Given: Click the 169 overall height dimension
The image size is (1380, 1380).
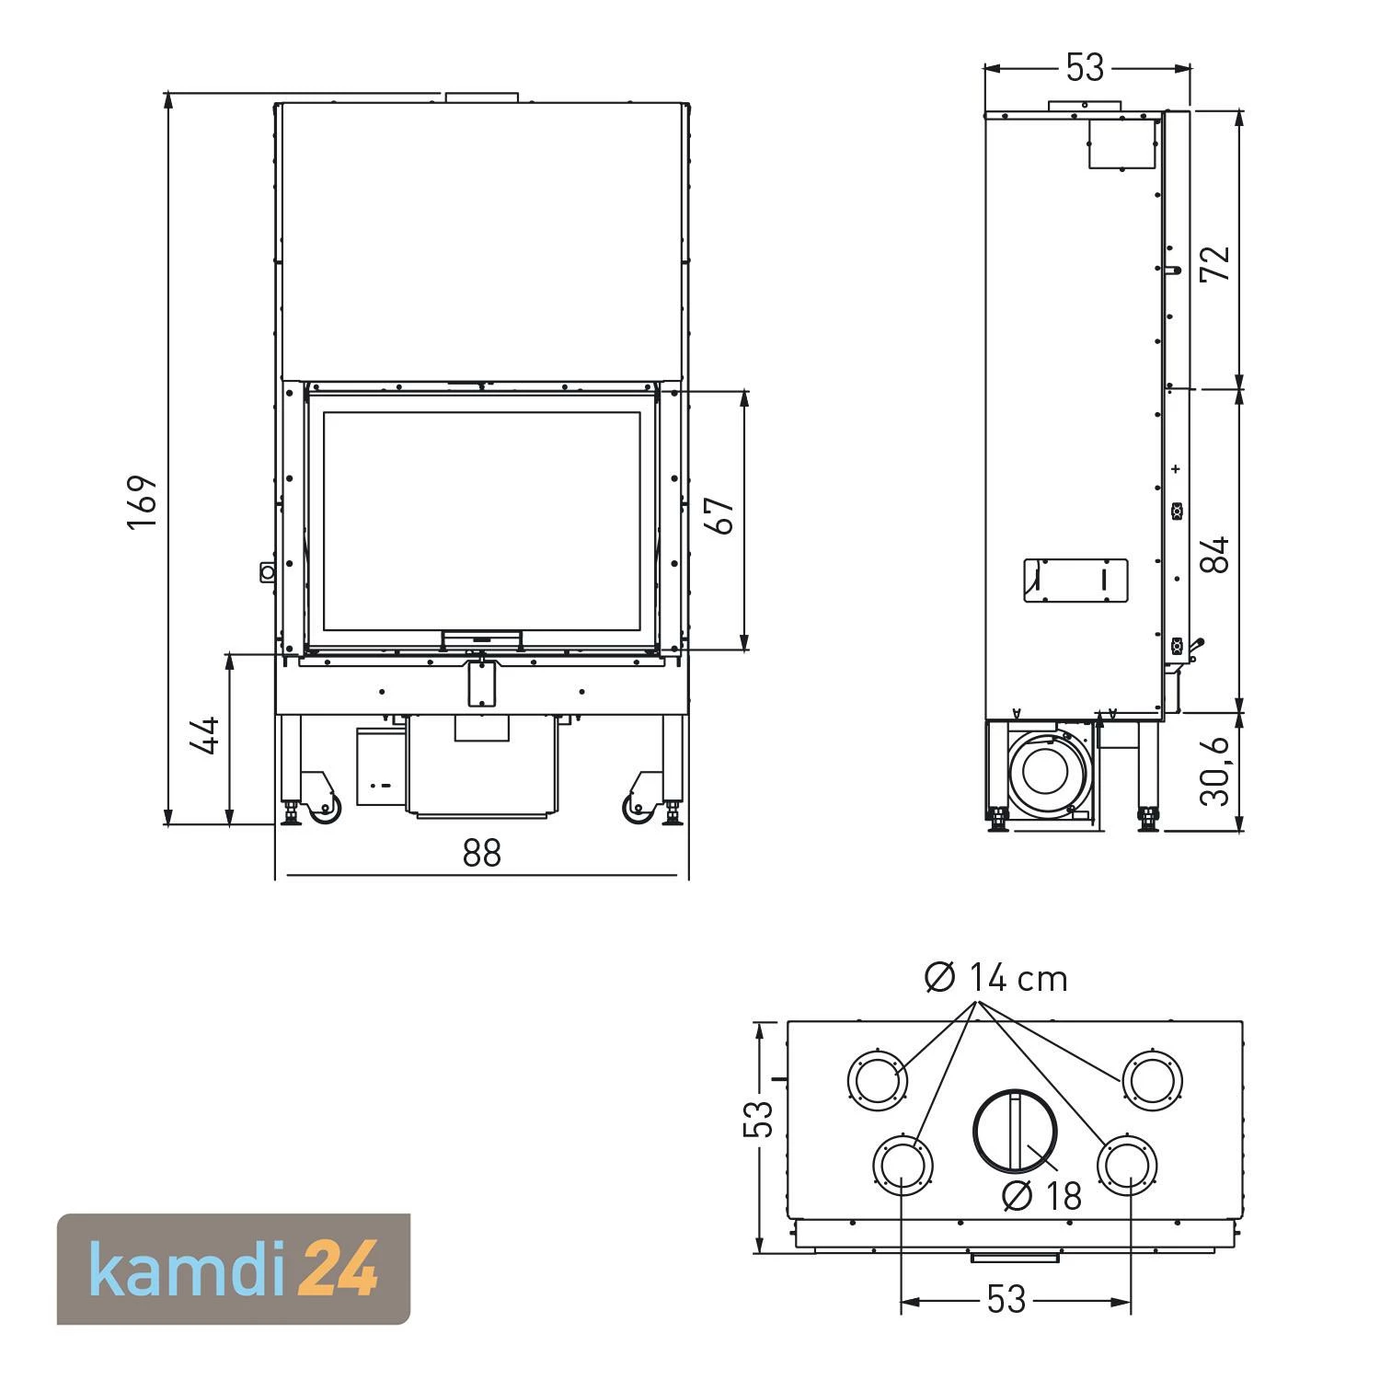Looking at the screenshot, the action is point(143,500).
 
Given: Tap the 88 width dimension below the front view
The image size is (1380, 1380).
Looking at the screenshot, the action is point(482,854).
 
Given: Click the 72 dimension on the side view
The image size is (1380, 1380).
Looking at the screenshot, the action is point(1216,264).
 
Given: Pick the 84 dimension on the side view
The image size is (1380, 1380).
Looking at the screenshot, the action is point(1216,554).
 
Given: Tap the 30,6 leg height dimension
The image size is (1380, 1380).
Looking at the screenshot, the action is point(1216,771).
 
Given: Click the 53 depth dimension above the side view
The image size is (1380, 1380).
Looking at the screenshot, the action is point(1085,67).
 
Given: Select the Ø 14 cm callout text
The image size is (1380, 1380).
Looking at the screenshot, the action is point(995,978).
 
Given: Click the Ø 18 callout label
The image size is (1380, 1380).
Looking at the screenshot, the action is point(1042,1195).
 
